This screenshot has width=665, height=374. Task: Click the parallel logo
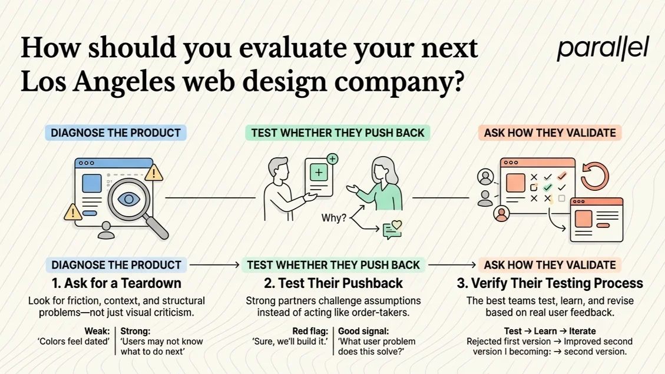[603, 48]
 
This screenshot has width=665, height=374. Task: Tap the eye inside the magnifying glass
[128, 199]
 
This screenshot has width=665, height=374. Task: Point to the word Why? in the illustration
[333, 218]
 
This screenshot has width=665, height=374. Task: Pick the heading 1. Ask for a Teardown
[116, 283]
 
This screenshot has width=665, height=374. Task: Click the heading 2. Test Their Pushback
[333, 283]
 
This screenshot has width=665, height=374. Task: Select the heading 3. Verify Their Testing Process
[550, 283]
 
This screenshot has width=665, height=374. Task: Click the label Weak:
[97, 331]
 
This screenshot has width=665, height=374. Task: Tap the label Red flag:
[310, 331]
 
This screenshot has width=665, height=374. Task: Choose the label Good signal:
[363, 331]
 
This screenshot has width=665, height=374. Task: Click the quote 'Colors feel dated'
[74, 342]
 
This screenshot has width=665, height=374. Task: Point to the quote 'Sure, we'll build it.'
[290, 342]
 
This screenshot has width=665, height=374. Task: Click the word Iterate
[583, 331]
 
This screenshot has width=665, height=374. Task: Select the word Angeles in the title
[124, 82]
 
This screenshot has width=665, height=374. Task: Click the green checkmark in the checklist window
[548, 187]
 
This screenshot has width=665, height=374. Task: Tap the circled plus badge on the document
[332, 159]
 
